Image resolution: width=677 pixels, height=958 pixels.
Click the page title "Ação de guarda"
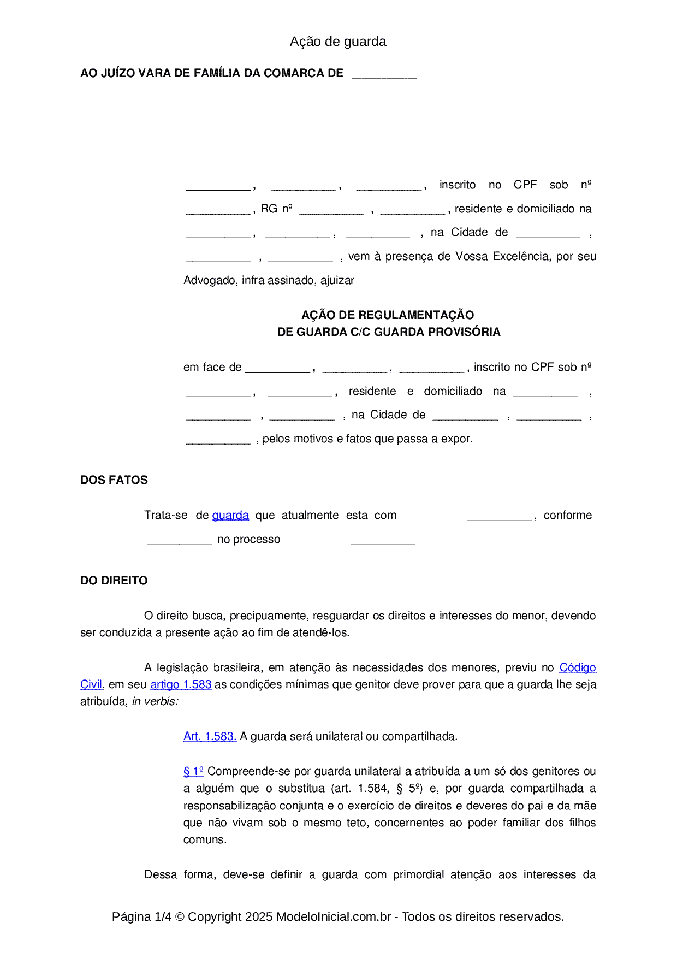(338, 42)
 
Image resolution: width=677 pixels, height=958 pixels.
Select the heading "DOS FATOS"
(114, 480)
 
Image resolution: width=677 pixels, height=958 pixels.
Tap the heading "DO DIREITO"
(114, 581)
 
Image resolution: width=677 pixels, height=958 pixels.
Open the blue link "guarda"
(230, 515)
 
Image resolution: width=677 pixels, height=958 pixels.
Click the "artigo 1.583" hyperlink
(181, 684)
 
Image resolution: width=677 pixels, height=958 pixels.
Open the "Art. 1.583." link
(210, 736)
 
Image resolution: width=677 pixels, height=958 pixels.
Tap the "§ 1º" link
(193, 771)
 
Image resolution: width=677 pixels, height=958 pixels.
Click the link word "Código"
(578, 667)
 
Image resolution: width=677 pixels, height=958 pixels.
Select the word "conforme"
(567, 515)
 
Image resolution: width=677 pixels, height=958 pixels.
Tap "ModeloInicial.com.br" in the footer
(334, 916)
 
